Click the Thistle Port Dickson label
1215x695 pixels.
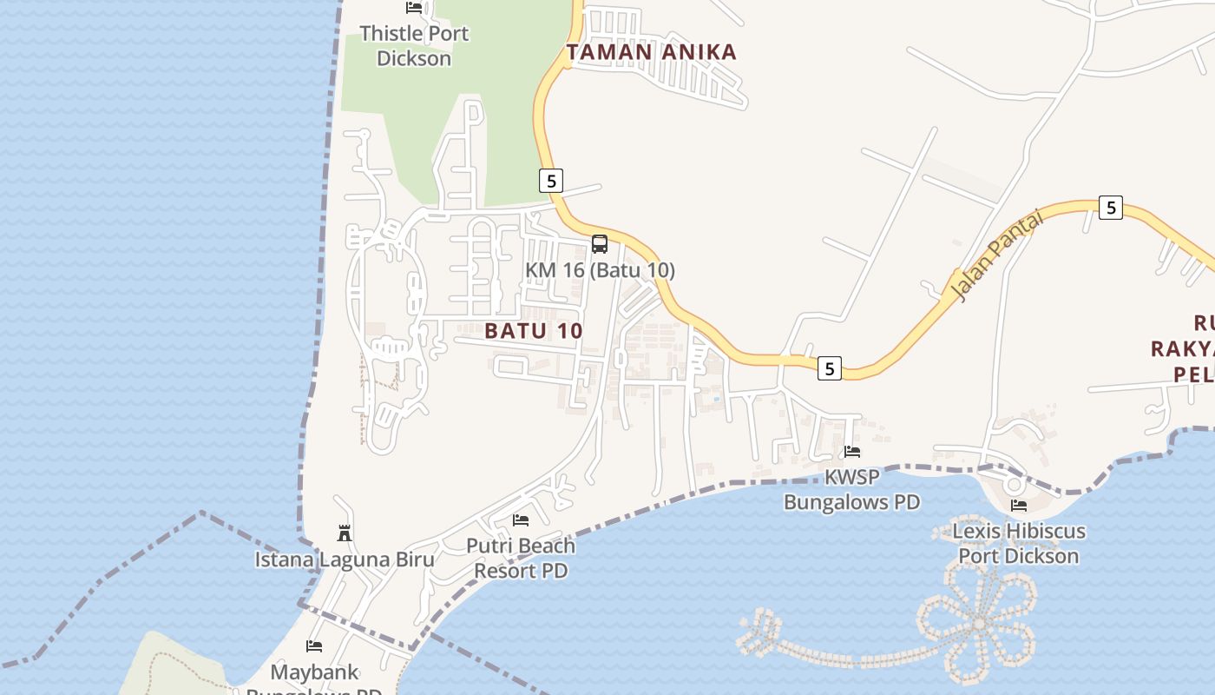coord(414,46)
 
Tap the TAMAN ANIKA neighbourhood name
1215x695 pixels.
coord(651,52)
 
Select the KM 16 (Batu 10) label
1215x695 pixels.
coord(600,270)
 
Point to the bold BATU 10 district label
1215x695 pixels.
coord(533,331)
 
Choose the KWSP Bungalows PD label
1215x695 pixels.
coord(851,489)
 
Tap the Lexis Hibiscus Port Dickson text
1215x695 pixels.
coord(1018,543)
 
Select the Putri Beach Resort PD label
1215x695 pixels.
coord(521,558)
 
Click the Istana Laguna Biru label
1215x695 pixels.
coord(344,559)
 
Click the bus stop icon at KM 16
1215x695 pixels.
coord(600,244)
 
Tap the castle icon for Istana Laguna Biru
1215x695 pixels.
coord(345,533)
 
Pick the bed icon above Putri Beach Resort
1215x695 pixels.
coord(521,520)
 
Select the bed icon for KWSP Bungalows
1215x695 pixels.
coord(852,451)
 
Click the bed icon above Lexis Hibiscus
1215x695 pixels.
coord(1018,505)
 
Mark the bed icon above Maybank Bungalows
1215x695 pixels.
coord(314,645)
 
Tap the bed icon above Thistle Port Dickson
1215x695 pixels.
coord(414,8)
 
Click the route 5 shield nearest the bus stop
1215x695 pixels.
coord(550,181)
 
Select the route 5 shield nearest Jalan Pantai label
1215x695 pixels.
coord(1110,208)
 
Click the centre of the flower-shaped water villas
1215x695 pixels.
coord(979,623)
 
